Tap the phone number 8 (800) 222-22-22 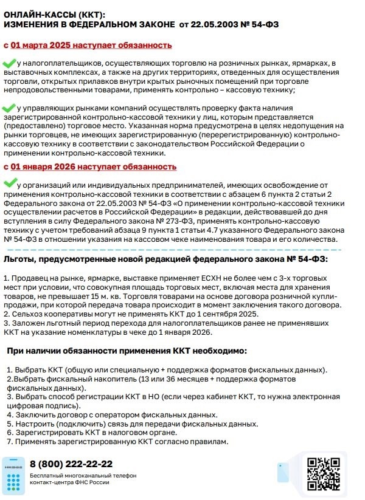[71, 464]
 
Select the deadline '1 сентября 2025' [213, 314]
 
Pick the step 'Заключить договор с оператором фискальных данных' [116, 415]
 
